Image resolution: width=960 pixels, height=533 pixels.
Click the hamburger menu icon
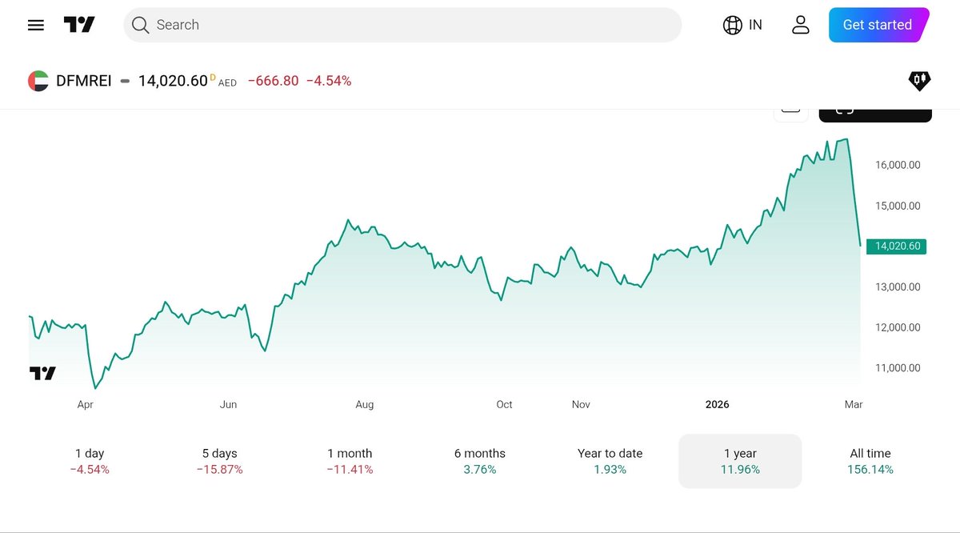(35, 25)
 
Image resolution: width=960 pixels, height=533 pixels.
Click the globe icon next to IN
(732, 25)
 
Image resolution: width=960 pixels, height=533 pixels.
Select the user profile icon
(800, 25)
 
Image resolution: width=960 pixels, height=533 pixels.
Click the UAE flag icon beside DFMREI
(38, 81)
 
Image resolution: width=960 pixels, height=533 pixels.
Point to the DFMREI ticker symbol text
(83, 81)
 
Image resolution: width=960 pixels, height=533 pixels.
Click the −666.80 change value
(273, 81)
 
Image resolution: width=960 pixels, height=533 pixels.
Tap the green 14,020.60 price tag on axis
(897, 246)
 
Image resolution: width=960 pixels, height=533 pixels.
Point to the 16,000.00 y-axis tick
(898, 165)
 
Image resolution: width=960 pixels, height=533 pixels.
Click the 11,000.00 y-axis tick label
(898, 368)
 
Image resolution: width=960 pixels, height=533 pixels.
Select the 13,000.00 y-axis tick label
(898, 287)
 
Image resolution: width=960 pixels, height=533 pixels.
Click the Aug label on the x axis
(364, 405)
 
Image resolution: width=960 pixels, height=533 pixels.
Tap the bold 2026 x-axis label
(717, 405)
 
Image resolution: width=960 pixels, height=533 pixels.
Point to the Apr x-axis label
(86, 405)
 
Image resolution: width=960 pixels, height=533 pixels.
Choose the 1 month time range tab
(350, 461)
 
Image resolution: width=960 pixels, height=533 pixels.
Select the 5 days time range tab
(219, 461)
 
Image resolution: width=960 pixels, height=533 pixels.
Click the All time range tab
(870, 461)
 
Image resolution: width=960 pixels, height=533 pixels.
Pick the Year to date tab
(610, 461)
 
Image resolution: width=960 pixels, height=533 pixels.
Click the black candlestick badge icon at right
(919, 80)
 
